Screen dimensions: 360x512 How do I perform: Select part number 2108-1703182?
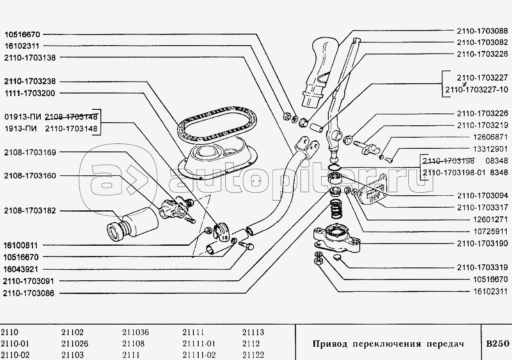coord(30,211)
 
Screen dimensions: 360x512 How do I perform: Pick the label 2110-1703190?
coord(482,244)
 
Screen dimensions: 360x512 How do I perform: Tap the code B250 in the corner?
coord(498,344)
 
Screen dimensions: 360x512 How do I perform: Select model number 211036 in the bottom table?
coord(135,333)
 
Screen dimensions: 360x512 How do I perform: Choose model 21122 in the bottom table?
coord(253,355)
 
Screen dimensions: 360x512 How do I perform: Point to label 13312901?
coord(489,149)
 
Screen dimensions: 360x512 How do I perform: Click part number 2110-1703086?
coord(29,293)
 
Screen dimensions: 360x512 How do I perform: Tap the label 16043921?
coord(22,269)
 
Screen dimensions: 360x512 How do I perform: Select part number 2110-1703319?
coord(482,267)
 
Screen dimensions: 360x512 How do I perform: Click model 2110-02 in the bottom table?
coord(16,355)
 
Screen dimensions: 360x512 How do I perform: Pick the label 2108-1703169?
coord(30,152)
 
